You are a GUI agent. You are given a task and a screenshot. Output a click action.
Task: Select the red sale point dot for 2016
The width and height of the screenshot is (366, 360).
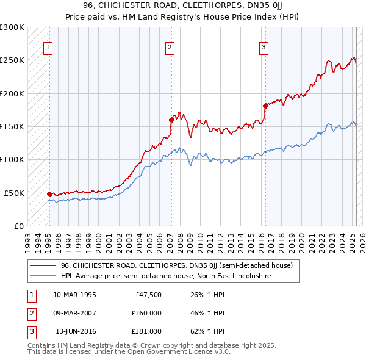265,106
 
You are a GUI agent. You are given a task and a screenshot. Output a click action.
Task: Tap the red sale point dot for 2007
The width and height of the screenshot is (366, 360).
171,120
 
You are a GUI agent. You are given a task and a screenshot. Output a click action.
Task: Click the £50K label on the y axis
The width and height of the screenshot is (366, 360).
14,193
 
